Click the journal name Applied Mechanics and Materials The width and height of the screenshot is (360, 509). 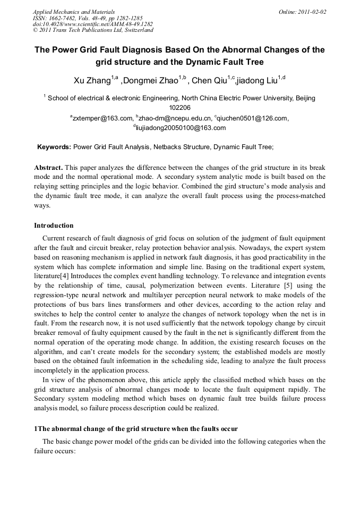coord(74,11)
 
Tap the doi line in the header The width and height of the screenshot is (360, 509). coord(93,24)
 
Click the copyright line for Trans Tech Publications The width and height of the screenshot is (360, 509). coord(93,30)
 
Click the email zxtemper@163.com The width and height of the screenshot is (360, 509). coord(102,118)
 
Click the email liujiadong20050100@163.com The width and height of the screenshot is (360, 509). coord(180,128)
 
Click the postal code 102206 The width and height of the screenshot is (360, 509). coord(179,107)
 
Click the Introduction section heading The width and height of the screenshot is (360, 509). coord(54,226)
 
